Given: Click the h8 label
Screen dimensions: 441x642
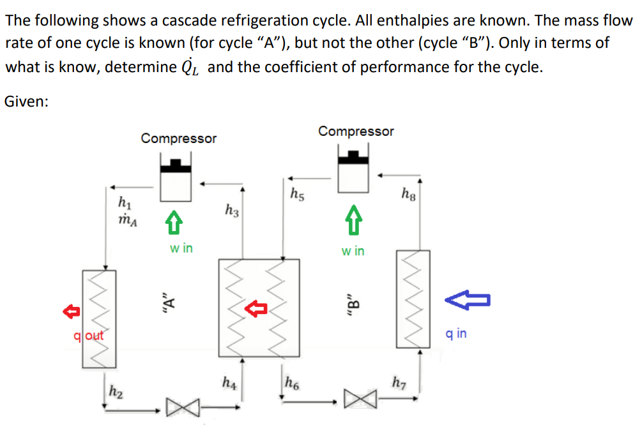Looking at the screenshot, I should click(x=408, y=193).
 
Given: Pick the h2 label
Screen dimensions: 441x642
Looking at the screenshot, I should click(x=116, y=389).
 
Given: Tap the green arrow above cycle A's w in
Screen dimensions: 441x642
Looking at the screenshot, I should click(x=172, y=224).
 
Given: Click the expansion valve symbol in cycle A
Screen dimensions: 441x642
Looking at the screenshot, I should click(x=180, y=407).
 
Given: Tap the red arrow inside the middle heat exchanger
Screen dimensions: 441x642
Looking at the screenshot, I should click(x=256, y=310).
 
